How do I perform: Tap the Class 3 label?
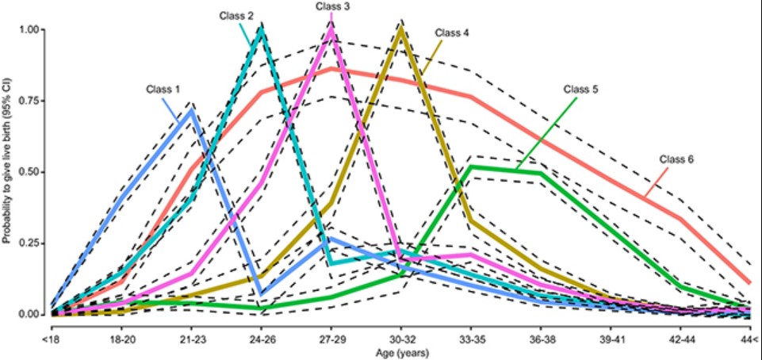pos(332,6)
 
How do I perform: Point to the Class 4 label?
pos(451,33)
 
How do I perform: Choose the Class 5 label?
pos(581,89)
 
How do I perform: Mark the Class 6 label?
pos(676,159)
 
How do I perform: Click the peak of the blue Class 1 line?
pos(190,110)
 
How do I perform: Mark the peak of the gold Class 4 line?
pos(401,29)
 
